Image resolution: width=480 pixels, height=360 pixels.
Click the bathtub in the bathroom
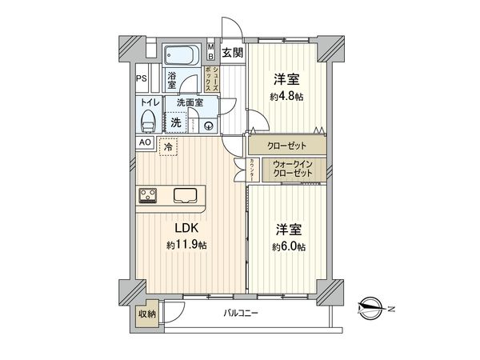coord(185,56)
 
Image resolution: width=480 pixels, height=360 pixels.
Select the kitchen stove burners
coord(149,194)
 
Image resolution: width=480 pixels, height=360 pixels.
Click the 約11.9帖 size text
coord(187,245)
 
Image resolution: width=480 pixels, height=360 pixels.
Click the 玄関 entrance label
coord(232,54)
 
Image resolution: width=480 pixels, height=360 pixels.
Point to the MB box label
coord(210,51)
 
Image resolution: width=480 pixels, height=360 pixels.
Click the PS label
coord(141,78)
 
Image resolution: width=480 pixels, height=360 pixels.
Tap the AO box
coord(145,142)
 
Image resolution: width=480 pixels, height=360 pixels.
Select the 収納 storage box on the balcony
coord(146,314)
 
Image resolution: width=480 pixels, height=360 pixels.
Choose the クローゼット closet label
coord(286,147)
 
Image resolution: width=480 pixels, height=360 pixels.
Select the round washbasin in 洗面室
coord(206,125)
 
